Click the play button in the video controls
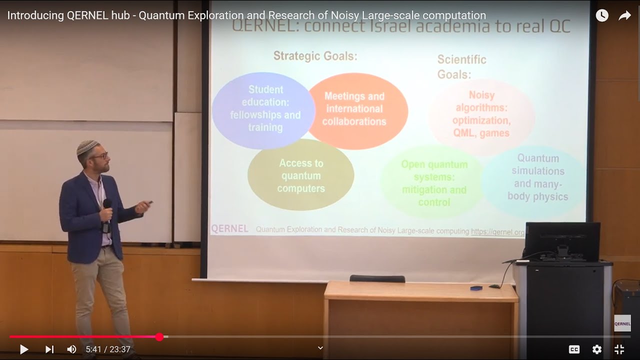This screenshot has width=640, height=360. pos(24,349)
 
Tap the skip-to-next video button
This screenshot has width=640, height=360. pos(49,349)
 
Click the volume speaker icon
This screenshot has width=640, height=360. pos(72,349)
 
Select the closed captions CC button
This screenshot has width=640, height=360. pos(574,349)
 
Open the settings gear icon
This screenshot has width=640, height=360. pos(597,349)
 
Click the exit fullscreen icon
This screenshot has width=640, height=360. pos(619,349)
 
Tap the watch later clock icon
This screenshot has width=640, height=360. pos(602,15)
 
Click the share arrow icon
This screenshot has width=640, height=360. pos(625,15)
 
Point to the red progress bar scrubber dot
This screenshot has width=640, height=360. pos(159,337)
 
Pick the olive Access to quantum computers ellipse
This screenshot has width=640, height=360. pos(301,175)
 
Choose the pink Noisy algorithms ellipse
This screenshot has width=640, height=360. pos(481,114)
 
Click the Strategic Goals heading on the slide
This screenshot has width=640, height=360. pos(315,56)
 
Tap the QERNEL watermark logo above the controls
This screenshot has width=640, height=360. pos(622,323)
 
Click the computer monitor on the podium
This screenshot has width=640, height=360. pos(562,241)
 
